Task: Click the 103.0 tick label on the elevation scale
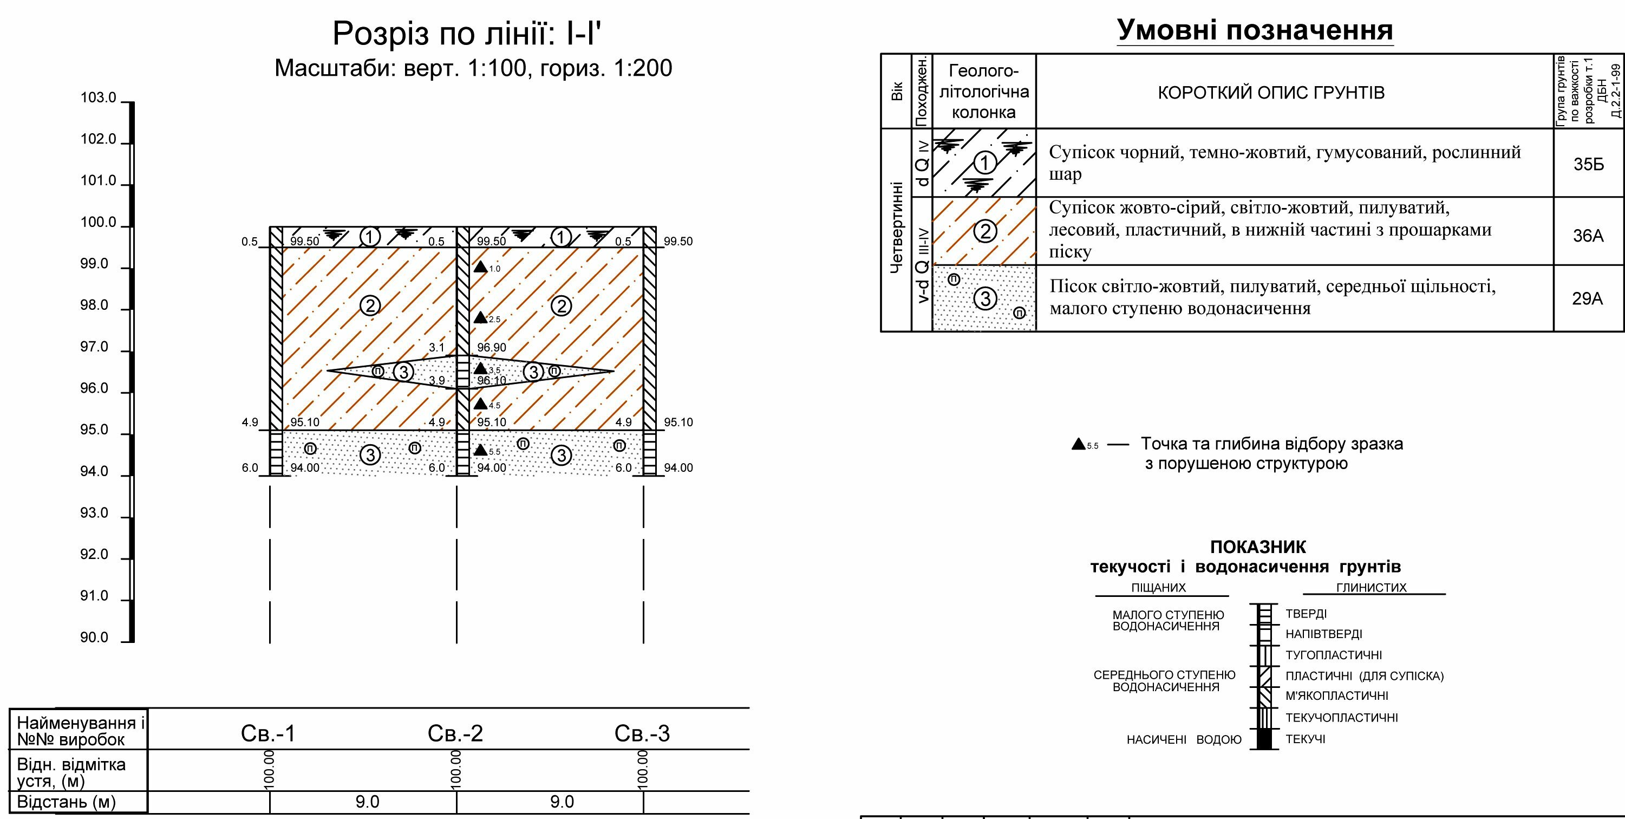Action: pos(99,98)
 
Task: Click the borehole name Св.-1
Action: pos(268,733)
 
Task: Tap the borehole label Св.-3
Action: pos(642,733)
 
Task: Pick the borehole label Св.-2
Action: pos(455,733)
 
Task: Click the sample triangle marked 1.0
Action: pos(481,267)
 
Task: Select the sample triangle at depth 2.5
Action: pos(481,317)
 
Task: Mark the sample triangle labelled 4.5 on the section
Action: pos(481,404)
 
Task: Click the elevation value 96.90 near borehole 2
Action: pos(492,348)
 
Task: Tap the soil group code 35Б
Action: pos(1588,164)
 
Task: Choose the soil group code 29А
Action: pos(1588,298)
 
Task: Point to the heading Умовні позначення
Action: pos(1255,30)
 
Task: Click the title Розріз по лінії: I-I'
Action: pos(467,33)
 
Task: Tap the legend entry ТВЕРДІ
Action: pos(1307,614)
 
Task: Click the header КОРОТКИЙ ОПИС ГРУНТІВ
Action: pos(1271,93)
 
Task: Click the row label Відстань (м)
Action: pos(66,802)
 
